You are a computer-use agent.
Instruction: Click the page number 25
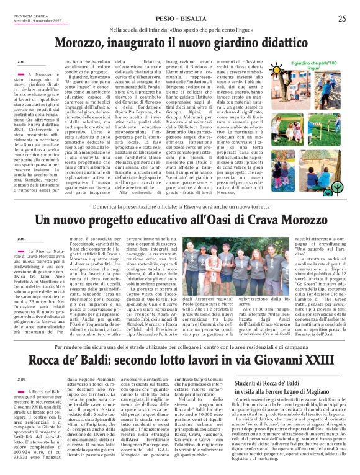342,19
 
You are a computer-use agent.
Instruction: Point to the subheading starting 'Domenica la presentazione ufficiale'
179,205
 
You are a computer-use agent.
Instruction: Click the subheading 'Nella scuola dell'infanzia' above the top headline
179,30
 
